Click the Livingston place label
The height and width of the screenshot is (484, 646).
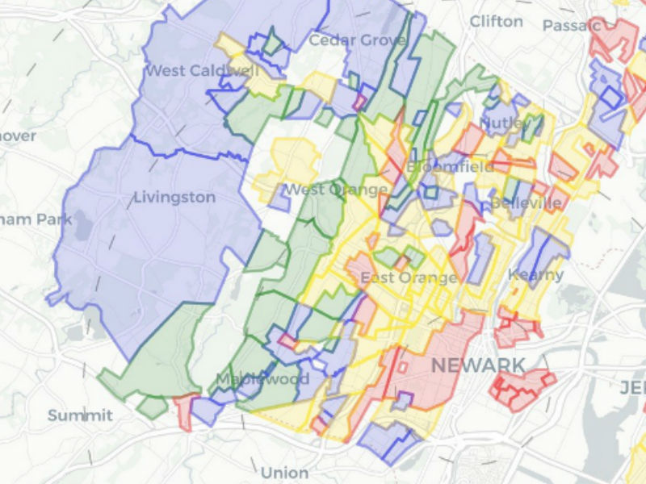tap(174, 198)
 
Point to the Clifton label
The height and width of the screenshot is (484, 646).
tap(496, 21)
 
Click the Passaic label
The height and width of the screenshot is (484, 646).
tap(572, 26)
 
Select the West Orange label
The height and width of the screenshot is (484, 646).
tap(335, 190)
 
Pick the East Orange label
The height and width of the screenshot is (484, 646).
tap(409, 278)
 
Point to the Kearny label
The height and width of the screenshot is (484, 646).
tap(535, 275)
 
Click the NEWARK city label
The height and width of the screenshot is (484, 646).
tap(478, 365)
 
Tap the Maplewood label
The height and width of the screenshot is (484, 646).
tap(262, 379)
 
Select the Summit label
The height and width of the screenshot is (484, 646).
tap(80, 415)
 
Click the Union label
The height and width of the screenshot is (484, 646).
tap(284, 473)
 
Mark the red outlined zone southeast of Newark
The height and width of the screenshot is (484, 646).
tap(521, 389)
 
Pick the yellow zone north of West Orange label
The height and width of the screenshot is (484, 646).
tap(291, 161)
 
